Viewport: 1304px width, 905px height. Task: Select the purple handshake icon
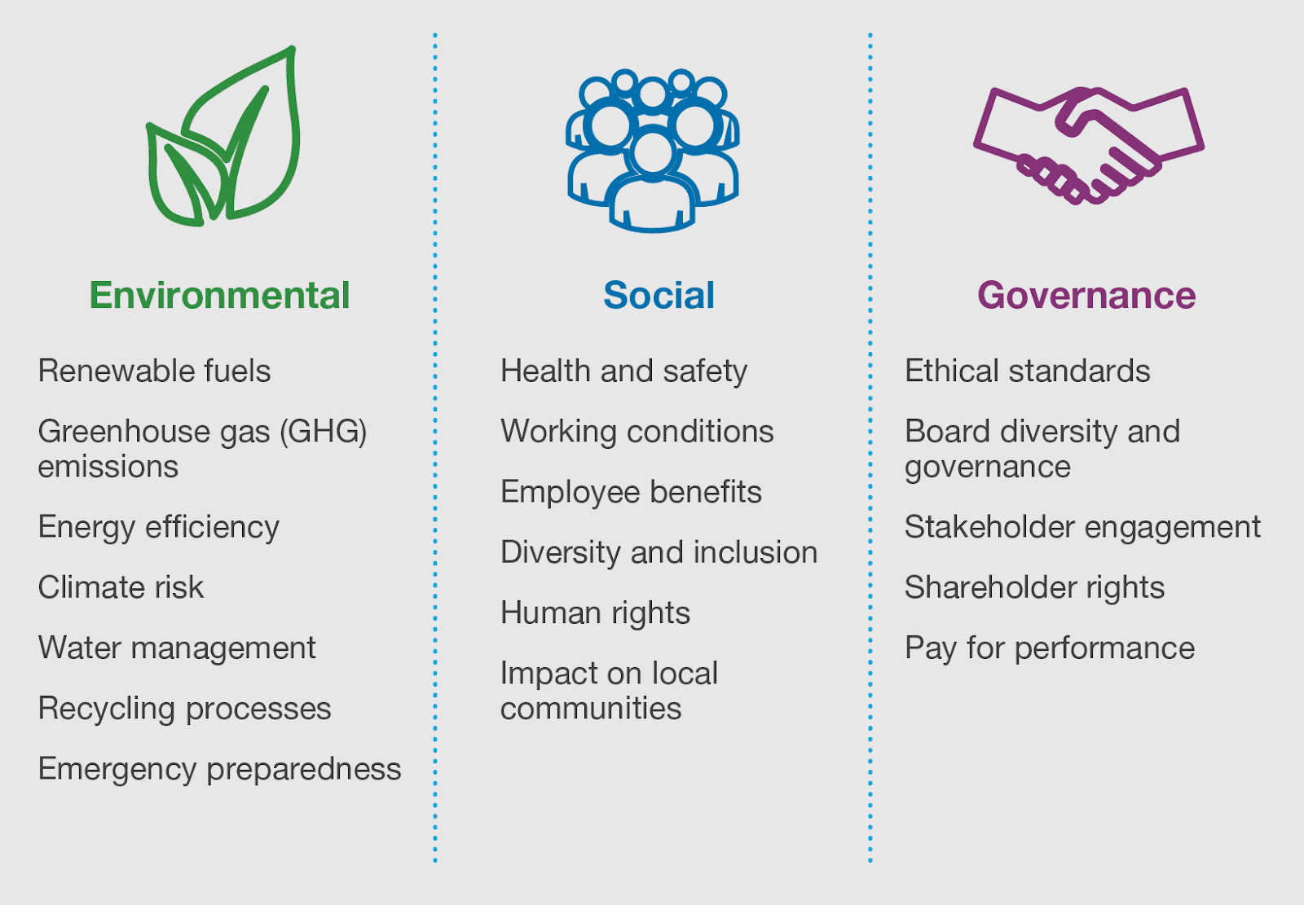tap(1088, 146)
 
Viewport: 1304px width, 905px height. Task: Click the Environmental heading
tap(219, 295)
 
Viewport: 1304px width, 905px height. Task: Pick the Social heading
tap(659, 295)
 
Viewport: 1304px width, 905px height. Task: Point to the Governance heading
tap(1086, 295)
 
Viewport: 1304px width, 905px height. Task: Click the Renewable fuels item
tap(154, 371)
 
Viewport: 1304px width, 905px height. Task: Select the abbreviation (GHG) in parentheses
tap(323, 433)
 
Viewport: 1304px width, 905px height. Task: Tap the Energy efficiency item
tap(158, 528)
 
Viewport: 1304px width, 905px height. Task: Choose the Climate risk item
tap(121, 586)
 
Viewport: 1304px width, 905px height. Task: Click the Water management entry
tap(177, 648)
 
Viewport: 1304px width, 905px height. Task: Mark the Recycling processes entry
tap(184, 709)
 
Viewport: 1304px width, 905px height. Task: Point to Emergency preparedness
tap(219, 770)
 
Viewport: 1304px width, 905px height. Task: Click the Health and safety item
tap(623, 371)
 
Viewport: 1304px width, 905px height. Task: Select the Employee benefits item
tap(631, 492)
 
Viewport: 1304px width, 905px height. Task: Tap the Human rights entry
tap(595, 613)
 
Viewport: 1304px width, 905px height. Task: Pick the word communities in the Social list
tap(590, 709)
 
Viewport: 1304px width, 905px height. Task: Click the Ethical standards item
tap(1028, 371)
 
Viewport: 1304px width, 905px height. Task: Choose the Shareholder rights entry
tap(1034, 587)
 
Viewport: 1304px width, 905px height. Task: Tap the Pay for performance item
tap(1050, 648)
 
